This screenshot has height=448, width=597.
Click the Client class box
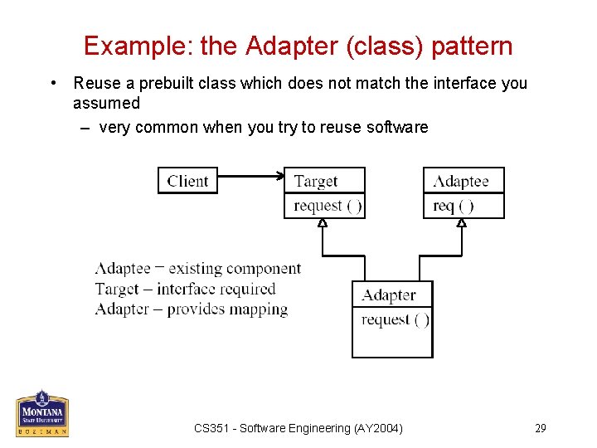coord(187,181)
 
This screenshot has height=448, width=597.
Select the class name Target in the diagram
coord(315,181)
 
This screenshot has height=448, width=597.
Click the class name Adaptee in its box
coord(461,181)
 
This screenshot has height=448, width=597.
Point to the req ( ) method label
coord(454,206)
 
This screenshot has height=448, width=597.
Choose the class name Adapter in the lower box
coord(388,295)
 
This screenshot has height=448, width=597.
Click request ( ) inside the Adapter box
coord(396,319)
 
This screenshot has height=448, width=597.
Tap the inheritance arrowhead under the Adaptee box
coord(462,222)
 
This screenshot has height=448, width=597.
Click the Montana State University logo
coord(42,412)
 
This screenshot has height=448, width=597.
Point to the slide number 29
coord(540,428)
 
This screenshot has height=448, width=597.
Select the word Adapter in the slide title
coord(282,46)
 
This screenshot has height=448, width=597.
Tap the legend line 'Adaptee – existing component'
coord(197,268)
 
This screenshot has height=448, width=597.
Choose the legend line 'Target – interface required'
coord(185,289)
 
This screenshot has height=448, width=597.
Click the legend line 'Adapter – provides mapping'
coord(192,309)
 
